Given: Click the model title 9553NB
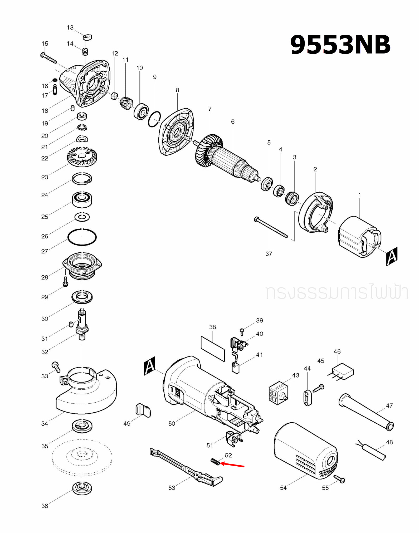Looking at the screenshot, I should pos(340,45).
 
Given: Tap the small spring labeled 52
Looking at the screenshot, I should pos(215,462).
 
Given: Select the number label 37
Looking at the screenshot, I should pos(269,254).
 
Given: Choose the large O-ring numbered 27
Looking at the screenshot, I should pos(82,237).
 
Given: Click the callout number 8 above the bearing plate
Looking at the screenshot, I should pos(177,90).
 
